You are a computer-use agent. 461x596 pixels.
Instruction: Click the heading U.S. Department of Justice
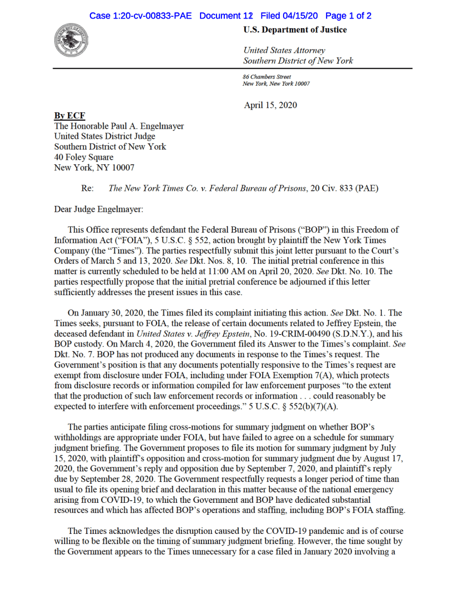(x=295, y=30)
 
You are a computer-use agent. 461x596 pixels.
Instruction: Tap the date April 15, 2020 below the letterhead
(x=270, y=105)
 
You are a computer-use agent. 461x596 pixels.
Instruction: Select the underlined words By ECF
(x=69, y=116)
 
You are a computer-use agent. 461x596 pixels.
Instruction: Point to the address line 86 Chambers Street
(x=267, y=77)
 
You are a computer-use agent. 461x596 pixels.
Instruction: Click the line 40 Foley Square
(x=84, y=157)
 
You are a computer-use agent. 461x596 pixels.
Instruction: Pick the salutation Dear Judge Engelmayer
(x=99, y=209)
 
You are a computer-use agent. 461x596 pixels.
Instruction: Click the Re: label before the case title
(x=88, y=189)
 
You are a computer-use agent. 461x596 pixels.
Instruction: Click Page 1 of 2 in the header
(x=348, y=16)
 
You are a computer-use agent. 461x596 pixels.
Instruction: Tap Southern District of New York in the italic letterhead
(x=298, y=61)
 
